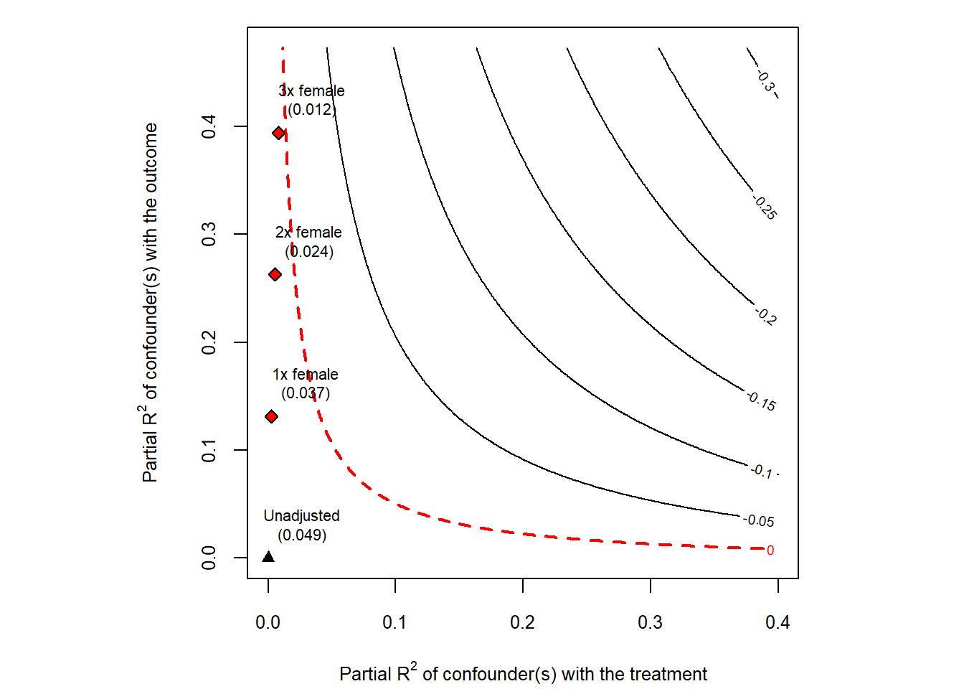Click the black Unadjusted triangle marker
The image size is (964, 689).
coord(268,557)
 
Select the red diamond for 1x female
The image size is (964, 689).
coord(271,416)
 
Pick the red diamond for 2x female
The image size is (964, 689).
coord(275,274)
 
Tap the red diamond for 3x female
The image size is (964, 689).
coord(279,133)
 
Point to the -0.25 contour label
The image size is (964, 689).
coord(765,207)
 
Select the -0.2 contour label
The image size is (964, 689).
coord(765,315)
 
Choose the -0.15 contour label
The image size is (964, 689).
coord(761,401)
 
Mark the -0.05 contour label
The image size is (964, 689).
coord(759,520)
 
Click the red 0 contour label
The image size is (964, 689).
coord(770,550)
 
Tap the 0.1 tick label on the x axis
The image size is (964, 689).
coord(394,622)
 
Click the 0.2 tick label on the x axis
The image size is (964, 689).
coord(522,622)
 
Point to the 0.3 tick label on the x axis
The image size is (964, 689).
coord(650,622)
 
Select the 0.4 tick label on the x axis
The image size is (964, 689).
coord(778,622)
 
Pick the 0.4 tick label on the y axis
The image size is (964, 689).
coord(209,127)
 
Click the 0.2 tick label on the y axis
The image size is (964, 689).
coord(209,342)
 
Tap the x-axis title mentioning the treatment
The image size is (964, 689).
coord(523,674)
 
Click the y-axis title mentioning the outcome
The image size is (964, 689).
coord(149,302)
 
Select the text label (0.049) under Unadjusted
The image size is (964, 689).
coord(302,535)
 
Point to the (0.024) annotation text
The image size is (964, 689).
coord(309,251)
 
